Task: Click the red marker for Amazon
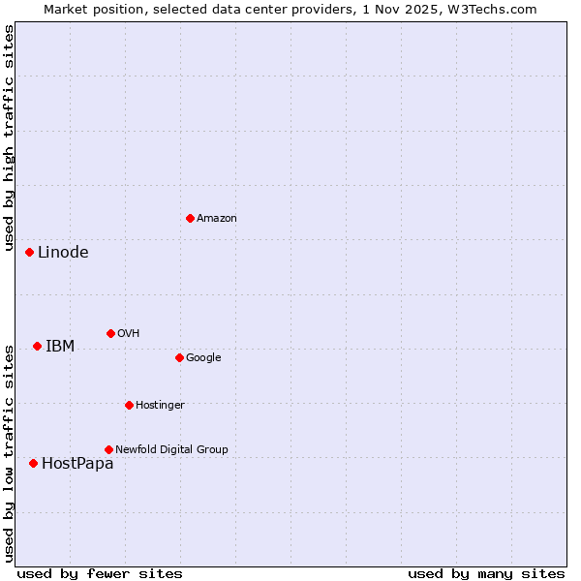pos(190,218)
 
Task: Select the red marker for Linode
pos(29,252)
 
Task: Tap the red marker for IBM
pos(37,346)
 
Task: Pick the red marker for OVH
pos(110,333)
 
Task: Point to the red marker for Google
pos(179,357)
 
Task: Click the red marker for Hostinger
pos(129,405)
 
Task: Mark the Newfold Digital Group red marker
pos(108,449)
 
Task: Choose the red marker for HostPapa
pos(33,463)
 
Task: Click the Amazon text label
pos(216,219)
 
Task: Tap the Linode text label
pos(63,253)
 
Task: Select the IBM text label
pos(60,347)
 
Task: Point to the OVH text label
pos(128,334)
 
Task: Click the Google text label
pos(203,358)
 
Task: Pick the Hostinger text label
pos(160,406)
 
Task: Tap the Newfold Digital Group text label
pos(171,450)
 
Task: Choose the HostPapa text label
pos(77,464)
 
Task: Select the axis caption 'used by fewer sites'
pos(100,573)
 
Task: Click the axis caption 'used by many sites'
pos(486,573)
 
